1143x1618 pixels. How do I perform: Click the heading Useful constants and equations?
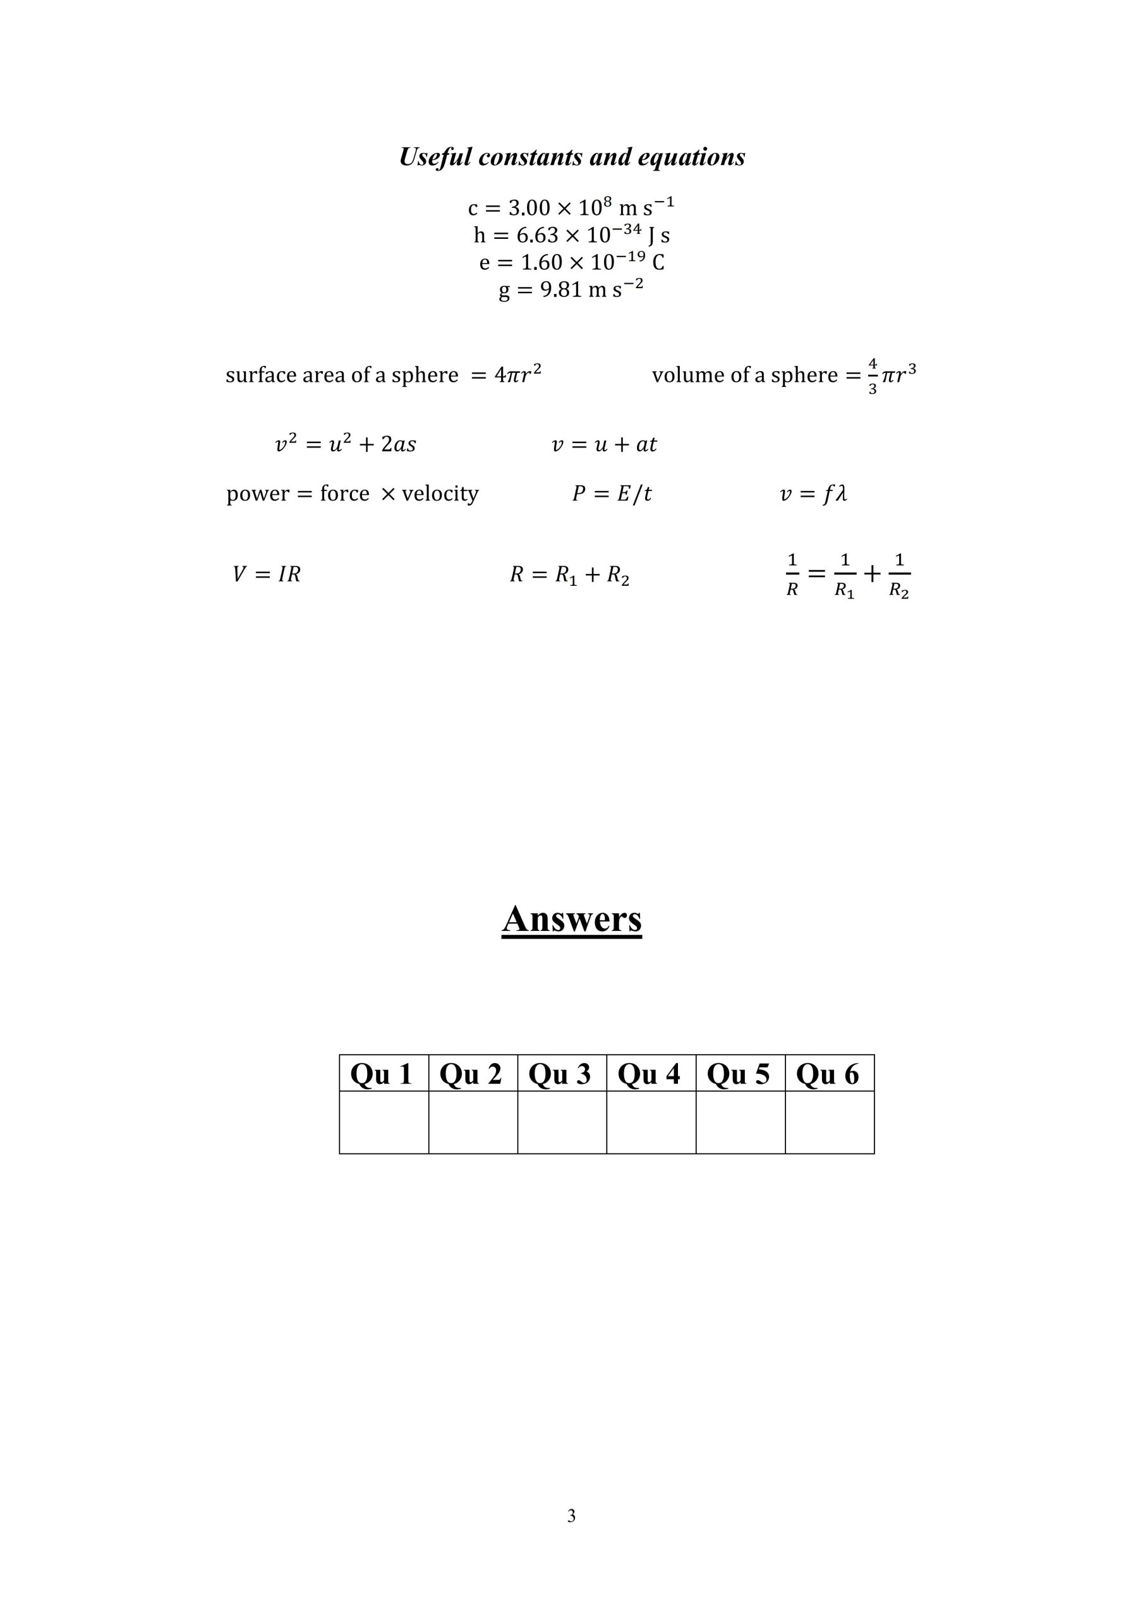coord(571,157)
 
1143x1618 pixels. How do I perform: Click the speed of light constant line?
coord(571,207)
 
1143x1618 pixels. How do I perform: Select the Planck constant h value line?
coord(571,234)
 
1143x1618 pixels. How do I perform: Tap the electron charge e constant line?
coord(571,262)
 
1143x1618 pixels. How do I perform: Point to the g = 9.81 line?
coord(571,289)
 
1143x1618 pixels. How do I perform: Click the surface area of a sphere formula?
coord(384,374)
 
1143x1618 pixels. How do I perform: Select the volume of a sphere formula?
coord(783,375)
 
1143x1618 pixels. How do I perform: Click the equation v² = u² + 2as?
coord(345,444)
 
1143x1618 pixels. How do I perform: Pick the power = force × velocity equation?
coord(353,493)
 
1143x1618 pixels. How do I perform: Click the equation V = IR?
coord(267,575)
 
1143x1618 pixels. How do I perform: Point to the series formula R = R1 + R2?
coord(569,575)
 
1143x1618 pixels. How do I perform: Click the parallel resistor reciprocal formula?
coord(848,576)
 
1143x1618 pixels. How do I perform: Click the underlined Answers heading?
coord(571,919)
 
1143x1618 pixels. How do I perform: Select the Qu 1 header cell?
coord(384,1074)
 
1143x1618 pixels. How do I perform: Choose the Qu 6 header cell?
coord(830,1074)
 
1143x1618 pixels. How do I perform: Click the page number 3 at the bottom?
coord(571,1515)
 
